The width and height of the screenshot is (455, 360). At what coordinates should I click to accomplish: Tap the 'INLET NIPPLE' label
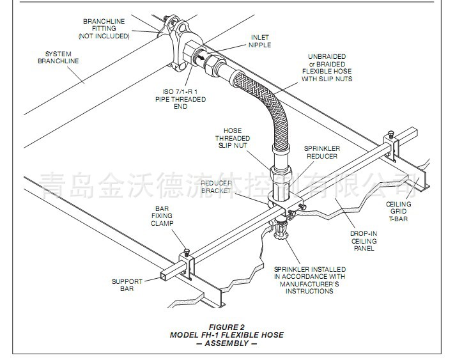pyautogui.click(x=260, y=41)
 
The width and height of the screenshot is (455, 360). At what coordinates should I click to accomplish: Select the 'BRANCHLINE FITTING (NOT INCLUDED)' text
pyautogui.click(x=104, y=29)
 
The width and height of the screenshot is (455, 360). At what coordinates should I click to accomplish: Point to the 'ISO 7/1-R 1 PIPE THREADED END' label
pyautogui.click(x=180, y=99)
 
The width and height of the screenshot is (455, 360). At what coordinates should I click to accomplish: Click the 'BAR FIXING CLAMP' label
pyautogui.click(x=161, y=216)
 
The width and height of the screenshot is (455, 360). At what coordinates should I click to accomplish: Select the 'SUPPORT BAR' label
pyautogui.click(x=127, y=285)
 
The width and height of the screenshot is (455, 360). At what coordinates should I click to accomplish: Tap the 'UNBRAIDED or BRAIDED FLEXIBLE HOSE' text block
pyautogui.click(x=330, y=67)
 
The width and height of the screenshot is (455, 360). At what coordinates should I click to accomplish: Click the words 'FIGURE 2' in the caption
pyautogui.click(x=226, y=327)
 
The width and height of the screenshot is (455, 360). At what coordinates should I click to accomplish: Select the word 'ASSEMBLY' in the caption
pyautogui.click(x=227, y=343)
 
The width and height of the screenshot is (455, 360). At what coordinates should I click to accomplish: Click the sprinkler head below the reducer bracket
pyautogui.click(x=279, y=232)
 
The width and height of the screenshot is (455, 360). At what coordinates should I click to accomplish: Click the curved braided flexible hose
pyautogui.click(x=267, y=106)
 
